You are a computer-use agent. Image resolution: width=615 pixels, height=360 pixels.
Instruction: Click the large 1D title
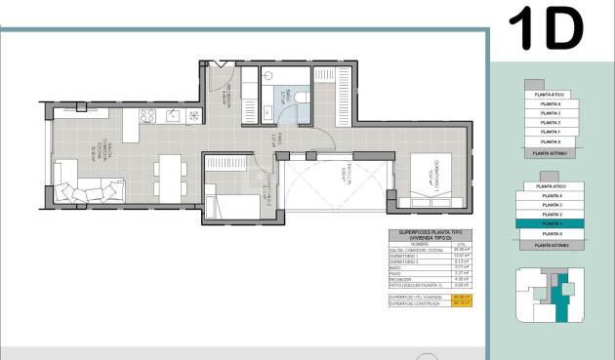[x=546, y=29]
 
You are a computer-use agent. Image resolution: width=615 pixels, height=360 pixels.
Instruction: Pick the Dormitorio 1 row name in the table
[x=404, y=257]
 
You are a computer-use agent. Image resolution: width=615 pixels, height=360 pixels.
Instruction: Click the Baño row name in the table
[x=396, y=267]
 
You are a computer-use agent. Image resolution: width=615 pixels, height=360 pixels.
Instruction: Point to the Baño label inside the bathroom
[x=284, y=96]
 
